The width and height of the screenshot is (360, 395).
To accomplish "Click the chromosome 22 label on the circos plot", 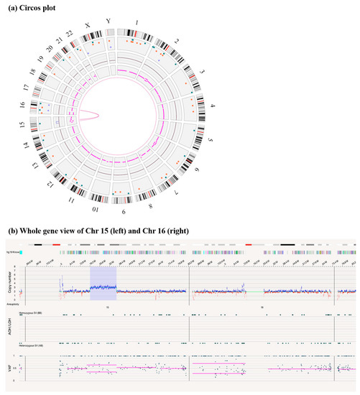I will [x=69, y=35].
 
